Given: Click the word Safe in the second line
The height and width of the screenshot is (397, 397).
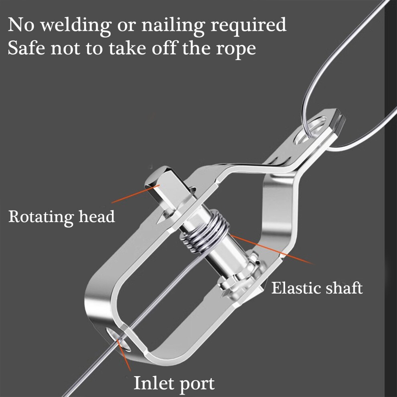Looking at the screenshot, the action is (x=26, y=47).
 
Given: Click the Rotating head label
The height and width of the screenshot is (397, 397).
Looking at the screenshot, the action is (x=61, y=217).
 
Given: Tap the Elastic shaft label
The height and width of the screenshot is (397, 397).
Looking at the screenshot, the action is (x=317, y=288).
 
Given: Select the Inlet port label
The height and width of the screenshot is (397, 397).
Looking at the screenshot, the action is (x=174, y=384).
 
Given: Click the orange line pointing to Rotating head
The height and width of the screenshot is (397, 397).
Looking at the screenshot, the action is (x=136, y=194).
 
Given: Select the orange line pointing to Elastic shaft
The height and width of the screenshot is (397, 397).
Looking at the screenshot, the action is (x=271, y=249).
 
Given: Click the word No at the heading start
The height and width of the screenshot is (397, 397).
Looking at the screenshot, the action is (x=21, y=24).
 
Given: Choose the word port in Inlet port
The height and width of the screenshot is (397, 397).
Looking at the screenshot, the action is (x=195, y=385).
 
